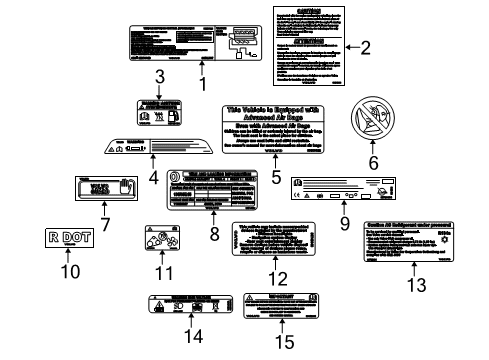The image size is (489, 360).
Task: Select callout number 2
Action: (366, 47)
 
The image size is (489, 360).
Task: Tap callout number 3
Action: (159, 77)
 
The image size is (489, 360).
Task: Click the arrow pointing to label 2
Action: (349, 47)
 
